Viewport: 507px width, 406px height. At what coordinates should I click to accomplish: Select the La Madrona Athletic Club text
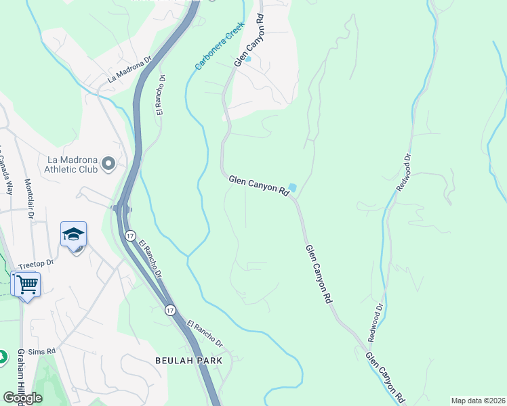[71, 164]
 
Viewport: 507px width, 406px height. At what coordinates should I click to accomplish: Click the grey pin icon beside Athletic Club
[108, 164]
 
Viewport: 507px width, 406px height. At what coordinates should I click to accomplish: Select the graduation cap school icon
[73, 235]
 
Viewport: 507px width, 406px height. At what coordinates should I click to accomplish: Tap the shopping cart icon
[27, 284]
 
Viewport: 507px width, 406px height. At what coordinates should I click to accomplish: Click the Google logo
[22, 397]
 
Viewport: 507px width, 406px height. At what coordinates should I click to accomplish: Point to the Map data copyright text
[478, 401]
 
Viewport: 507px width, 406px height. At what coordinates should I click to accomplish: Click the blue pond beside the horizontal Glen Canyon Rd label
[293, 187]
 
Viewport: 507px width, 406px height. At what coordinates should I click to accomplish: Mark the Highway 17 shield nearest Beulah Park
[171, 310]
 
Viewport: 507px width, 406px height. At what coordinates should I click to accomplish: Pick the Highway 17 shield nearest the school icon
[129, 235]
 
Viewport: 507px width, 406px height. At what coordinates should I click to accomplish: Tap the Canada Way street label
[6, 173]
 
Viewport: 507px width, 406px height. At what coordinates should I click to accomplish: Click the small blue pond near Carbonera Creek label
[248, 59]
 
